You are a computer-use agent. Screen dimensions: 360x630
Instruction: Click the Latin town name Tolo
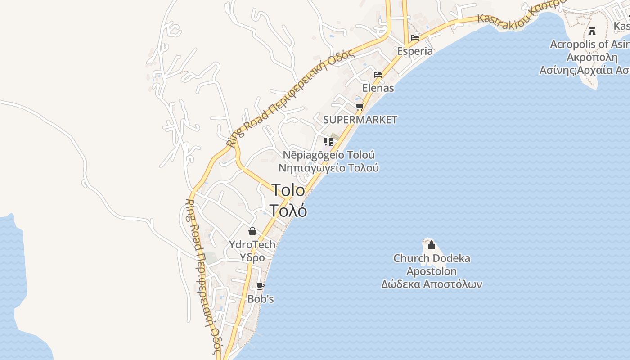[288, 190]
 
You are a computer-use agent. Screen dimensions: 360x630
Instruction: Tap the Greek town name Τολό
[288, 210]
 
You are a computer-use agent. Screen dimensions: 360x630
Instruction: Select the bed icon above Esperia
[415, 37]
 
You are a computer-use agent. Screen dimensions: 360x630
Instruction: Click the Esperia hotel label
[415, 51]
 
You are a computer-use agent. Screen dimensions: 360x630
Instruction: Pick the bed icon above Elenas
[378, 75]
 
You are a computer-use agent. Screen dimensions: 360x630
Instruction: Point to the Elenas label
[378, 88]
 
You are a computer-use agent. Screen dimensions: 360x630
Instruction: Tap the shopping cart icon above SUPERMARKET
[360, 107]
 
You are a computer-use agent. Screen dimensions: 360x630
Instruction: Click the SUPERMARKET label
[360, 120]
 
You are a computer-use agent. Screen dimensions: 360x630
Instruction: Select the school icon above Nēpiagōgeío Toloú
[328, 142]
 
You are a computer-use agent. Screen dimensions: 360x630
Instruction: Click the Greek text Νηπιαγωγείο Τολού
[328, 168]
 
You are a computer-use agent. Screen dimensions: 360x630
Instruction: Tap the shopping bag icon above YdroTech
[252, 231]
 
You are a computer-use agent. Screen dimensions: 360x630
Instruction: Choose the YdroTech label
[252, 245]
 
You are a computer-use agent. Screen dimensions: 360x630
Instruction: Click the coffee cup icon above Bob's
[260, 286]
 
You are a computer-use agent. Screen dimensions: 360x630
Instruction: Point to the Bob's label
[261, 299]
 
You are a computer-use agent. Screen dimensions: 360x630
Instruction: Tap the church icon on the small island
[432, 245]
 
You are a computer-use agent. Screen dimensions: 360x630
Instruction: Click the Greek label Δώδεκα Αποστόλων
[432, 284]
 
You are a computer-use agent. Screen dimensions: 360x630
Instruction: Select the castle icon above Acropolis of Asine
[592, 31]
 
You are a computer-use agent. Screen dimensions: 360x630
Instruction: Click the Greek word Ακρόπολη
[592, 58]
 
